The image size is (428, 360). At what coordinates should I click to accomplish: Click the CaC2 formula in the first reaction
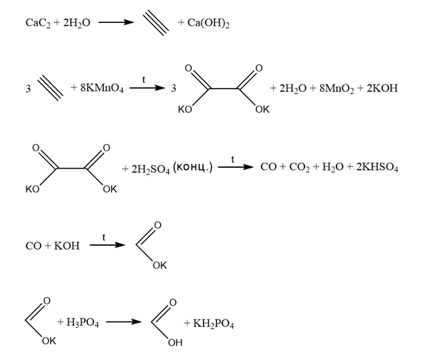coord(38,23)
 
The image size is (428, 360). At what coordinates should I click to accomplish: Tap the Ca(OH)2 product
coord(208,23)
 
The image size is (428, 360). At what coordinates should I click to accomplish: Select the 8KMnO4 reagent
coord(101,89)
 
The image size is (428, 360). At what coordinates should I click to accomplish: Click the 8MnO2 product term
coord(337,89)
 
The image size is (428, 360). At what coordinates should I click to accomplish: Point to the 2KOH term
coord(382,88)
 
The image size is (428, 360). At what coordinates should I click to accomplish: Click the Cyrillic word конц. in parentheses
coord(193,167)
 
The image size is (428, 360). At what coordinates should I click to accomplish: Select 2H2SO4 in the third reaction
coord(150,169)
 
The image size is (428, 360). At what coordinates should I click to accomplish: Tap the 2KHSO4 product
coord(377,167)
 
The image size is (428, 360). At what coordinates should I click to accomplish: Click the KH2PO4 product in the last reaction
coord(214,324)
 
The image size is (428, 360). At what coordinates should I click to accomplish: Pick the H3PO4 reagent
coord(82,323)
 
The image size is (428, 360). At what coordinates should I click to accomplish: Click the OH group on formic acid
coord(175,343)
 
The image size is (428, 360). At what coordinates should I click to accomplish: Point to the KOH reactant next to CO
coord(66,246)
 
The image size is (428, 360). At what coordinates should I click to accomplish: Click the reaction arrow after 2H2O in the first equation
coord(116,22)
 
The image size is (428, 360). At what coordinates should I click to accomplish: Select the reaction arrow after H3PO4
coord(124,322)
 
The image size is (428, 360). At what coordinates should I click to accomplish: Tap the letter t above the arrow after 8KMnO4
coord(144,79)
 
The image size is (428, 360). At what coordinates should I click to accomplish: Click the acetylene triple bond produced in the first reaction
coord(156,23)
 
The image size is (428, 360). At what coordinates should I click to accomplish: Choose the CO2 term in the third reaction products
coord(299,167)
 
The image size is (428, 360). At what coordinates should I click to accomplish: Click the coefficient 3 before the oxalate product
coord(174,89)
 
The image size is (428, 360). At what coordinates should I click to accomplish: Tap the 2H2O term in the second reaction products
coord(293,89)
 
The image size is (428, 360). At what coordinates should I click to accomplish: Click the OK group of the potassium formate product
coord(159,265)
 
